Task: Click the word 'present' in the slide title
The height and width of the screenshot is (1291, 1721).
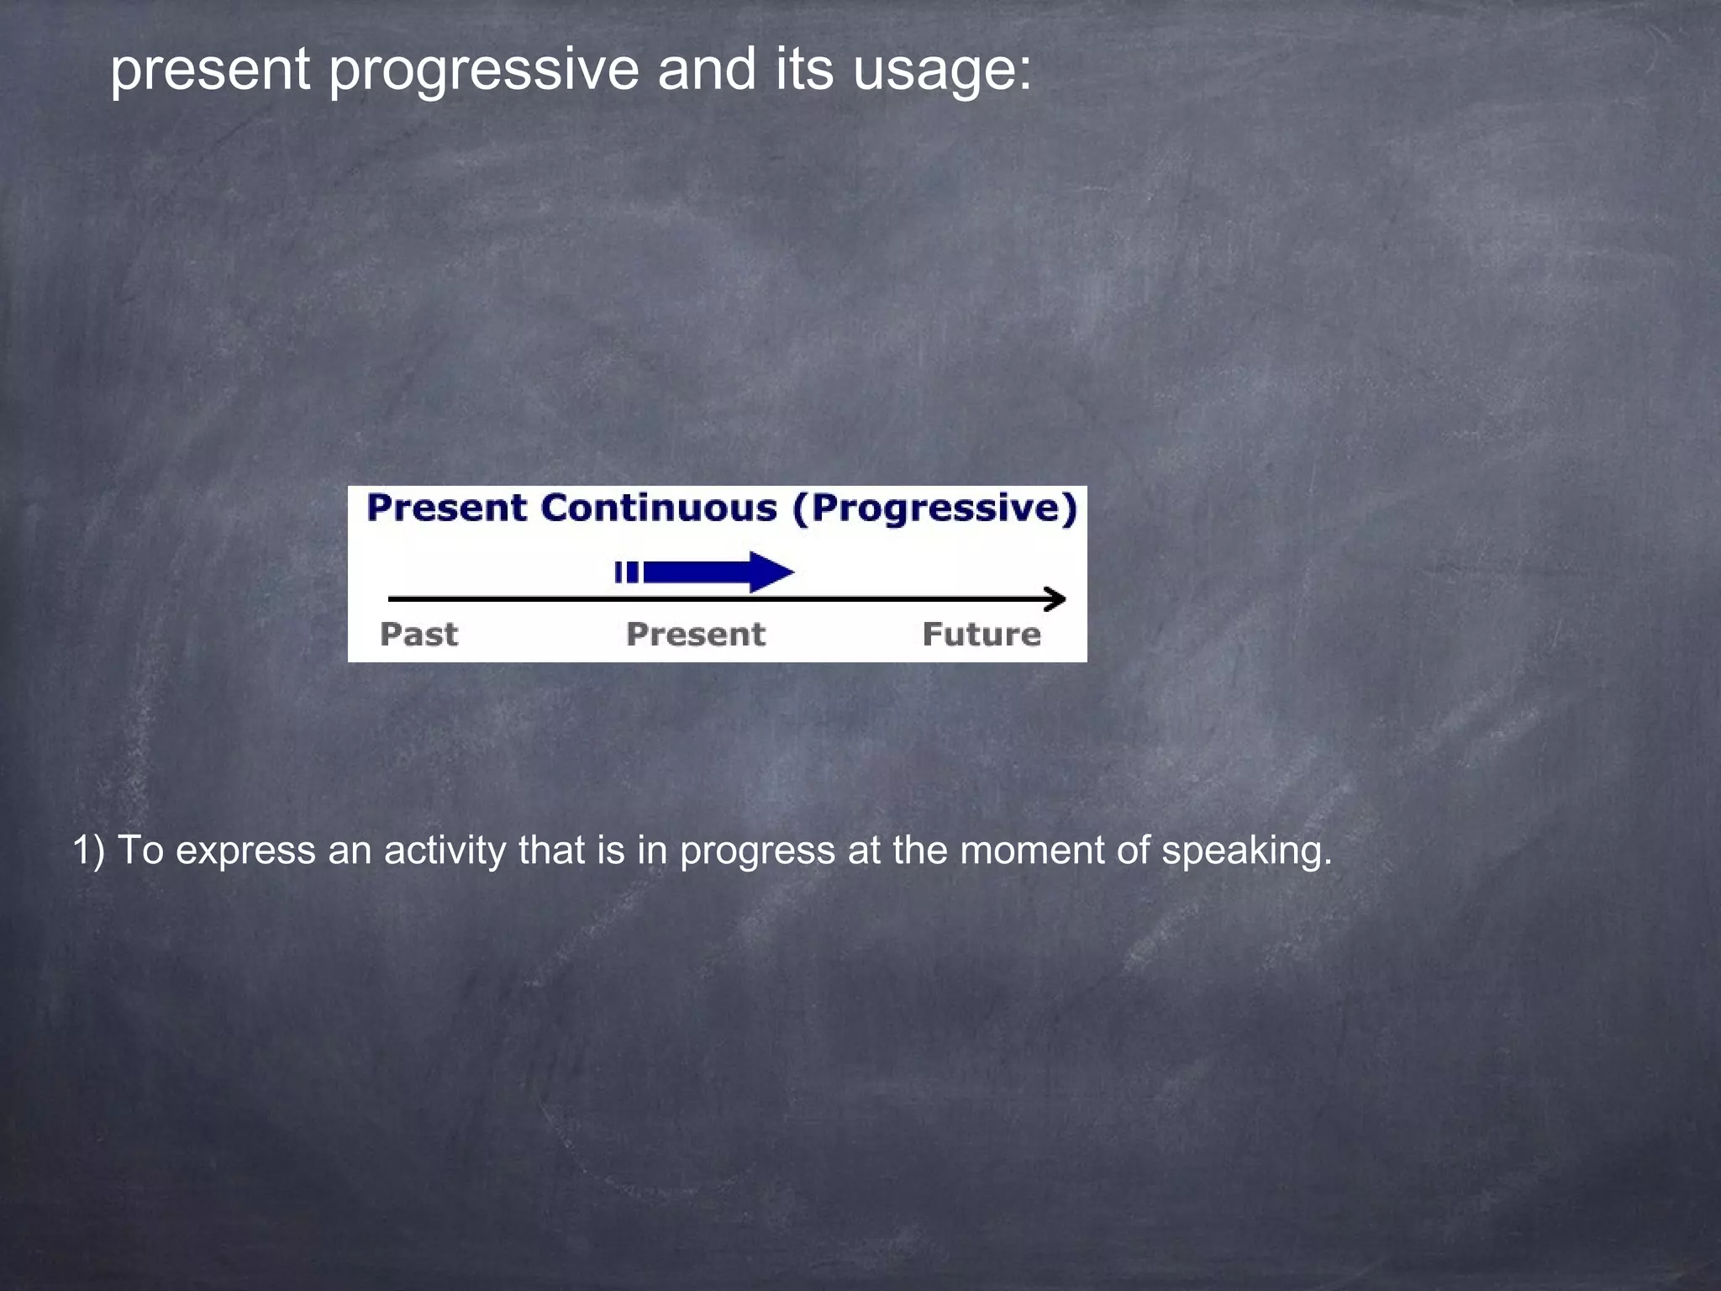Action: coord(210,71)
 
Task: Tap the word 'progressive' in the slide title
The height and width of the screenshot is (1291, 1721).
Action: coord(483,71)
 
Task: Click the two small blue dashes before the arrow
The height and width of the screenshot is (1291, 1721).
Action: coord(626,572)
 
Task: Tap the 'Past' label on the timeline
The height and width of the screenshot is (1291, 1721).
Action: coord(418,634)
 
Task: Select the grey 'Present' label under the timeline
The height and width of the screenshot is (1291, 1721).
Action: coord(696,634)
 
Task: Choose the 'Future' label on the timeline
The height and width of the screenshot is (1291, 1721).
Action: coord(982,634)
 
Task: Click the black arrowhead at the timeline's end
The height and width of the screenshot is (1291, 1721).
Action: coord(1055,599)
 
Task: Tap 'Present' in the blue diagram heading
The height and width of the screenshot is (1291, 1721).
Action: coord(446,508)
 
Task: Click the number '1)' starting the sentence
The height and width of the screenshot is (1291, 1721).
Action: coord(88,851)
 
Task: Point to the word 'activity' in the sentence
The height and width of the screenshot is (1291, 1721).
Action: coord(445,851)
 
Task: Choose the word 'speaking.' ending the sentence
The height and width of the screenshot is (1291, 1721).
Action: coord(1246,851)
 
